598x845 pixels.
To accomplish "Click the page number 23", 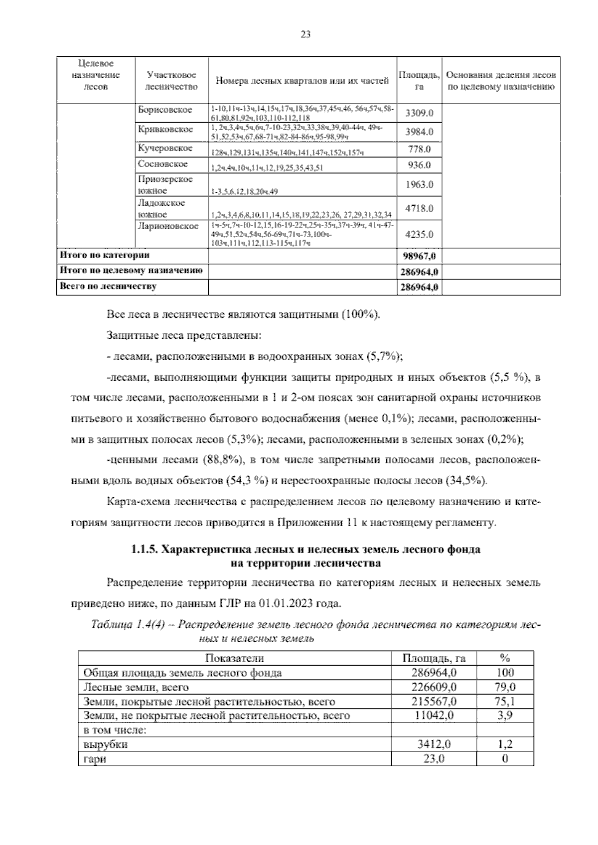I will [x=305, y=34].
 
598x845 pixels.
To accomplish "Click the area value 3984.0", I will [x=419, y=132].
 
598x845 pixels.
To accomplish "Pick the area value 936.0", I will [x=419, y=165].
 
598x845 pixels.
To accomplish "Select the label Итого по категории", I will [x=105, y=255].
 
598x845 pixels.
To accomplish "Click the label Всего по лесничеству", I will [x=108, y=286].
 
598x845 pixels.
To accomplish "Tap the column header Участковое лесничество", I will [x=171, y=81].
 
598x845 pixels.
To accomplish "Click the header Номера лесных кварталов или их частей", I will [x=302, y=81].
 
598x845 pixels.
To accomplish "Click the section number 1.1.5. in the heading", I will [x=146, y=550].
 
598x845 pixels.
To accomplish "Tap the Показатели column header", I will [x=234, y=658].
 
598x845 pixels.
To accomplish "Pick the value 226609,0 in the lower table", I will [x=434, y=687].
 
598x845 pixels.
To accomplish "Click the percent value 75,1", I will [x=505, y=702].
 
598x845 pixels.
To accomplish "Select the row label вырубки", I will [x=106, y=744].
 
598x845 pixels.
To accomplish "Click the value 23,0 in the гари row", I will [x=434, y=759].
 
